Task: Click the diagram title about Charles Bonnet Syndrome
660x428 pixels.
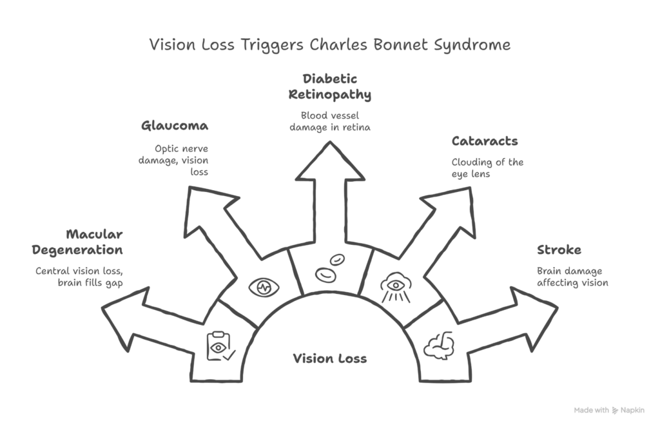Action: [330, 45]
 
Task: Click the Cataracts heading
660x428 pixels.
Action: [484, 141]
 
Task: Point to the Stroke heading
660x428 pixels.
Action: [559, 249]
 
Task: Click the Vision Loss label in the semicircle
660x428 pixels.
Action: [329, 358]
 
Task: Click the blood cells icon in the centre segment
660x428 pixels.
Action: [329, 269]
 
